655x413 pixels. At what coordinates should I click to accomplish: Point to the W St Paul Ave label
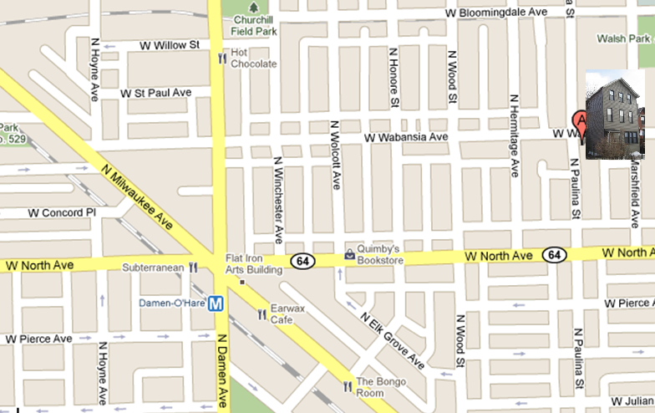coord(155,92)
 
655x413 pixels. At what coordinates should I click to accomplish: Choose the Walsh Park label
coord(623,38)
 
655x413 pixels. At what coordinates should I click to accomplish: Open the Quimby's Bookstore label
coord(380,254)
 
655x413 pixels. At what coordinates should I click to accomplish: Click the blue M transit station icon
coord(216,303)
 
